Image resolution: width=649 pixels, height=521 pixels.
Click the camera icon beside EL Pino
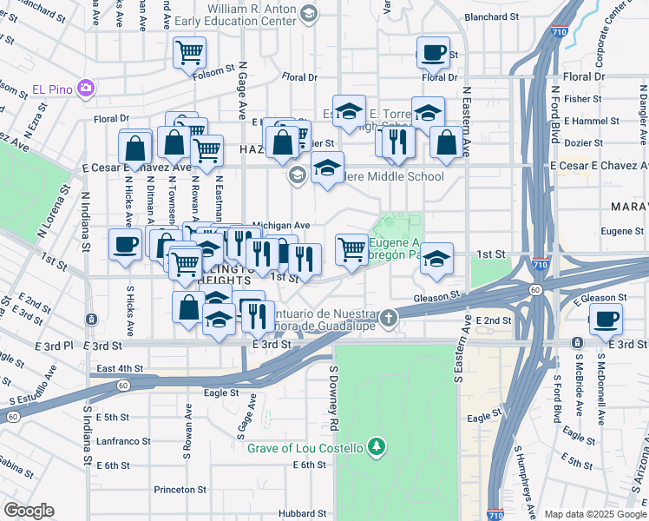click(85, 88)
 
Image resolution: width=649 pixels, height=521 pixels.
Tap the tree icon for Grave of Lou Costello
click(376, 447)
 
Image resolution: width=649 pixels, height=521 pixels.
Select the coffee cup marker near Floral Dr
click(433, 53)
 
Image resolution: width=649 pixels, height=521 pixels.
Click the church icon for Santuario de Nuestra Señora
click(390, 317)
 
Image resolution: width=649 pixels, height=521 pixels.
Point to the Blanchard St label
click(491, 16)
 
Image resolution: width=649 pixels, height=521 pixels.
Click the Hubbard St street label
click(302, 513)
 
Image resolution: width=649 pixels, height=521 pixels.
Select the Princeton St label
click(181, 490)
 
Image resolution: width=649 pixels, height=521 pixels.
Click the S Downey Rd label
click(332, 397)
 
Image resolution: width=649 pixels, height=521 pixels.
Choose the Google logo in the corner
click(29, 511)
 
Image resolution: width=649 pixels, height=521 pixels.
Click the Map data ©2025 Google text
click(595, 513)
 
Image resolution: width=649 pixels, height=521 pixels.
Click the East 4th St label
click(119, 368)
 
